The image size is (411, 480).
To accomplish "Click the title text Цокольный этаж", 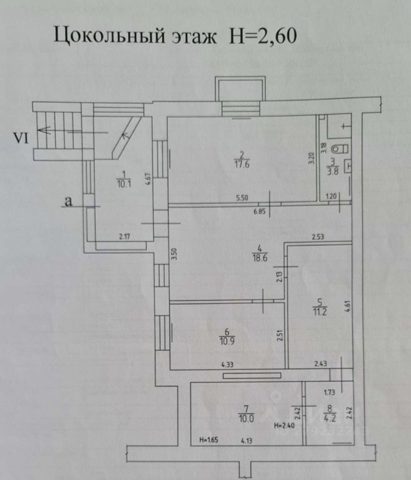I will pos(135,36).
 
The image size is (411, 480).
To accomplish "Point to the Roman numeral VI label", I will pos(20,138).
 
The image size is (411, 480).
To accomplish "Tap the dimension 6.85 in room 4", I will pos(259,211).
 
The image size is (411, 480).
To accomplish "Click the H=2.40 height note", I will pos(283,426).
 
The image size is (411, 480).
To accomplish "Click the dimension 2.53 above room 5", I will pos(317,237).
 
